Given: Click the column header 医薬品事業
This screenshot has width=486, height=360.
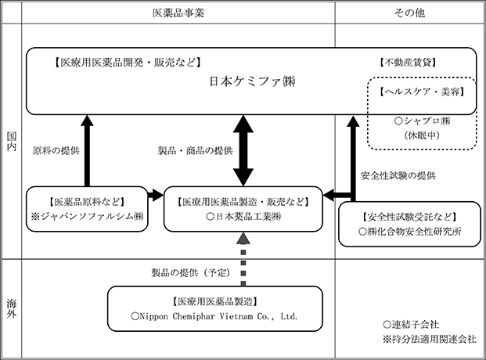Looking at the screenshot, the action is (178, 13).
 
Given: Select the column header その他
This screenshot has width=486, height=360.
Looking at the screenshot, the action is (409, 13).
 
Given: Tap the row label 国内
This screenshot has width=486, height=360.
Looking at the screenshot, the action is (12, 141).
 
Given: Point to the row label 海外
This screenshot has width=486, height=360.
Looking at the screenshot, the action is (12, 308).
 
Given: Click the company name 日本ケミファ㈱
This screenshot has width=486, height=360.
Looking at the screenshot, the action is (252, 81).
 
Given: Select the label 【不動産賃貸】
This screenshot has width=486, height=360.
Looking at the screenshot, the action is (408, 63).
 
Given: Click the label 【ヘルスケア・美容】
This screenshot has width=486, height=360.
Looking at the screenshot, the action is (422, 92).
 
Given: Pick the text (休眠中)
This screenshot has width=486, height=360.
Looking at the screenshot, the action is (422, 135).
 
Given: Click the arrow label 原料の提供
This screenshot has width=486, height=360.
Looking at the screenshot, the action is (56, 151).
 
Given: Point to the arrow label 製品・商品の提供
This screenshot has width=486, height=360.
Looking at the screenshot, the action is (196, 151).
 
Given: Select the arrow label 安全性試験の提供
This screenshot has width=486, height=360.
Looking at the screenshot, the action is (398, 176).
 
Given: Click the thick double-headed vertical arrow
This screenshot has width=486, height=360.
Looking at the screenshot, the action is (243, 151).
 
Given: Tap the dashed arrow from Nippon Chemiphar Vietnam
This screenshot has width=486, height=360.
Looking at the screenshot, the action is (243, 259).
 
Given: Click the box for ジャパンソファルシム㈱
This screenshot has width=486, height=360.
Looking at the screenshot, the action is (87, 209).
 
